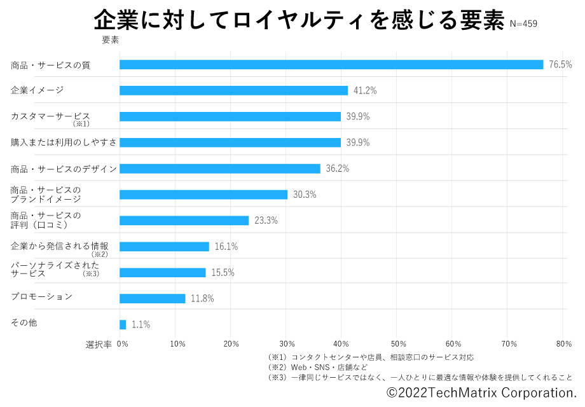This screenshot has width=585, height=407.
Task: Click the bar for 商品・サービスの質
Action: pyautogui.click(x=331, y=64)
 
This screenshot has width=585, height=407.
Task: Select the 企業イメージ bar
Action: pyautogui.click(x=233, y=90)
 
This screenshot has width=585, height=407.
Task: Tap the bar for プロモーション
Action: pyautogui.click(x=152, y=298)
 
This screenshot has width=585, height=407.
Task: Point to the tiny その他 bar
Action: pyautogui.click(x=123, y=324)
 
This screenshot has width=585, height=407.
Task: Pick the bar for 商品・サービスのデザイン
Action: pyautogui.click(x=219, y=169)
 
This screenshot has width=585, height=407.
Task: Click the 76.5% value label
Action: pyautogui.click(x=560, y=64)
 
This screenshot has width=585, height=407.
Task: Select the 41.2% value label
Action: pyautogui.click(x=365, y=90)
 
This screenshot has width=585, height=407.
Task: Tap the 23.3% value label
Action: pyautogui.click(x=266, y=221)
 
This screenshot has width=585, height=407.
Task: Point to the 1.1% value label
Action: pyautogui.click(x=141, y=324)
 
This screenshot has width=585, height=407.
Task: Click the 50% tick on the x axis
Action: pyautogui.click(x=397, y=344)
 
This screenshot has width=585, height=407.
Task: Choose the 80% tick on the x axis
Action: pyautogui.click(x=563, y=344)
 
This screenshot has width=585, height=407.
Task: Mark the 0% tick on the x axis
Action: pyautogui.click(x=122, y=344)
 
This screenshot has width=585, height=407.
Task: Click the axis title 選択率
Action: pyautogui.click(x=99, y=344)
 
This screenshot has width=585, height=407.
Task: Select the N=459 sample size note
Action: pyautogui.click(x=523, y=24)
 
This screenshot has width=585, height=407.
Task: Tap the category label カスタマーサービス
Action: pyautogui.click(x=50, y=116)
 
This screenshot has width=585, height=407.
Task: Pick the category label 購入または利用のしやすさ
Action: pyautogui.click(x=64, y=142)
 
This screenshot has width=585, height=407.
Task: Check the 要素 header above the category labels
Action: pyautogui.click(x=111, y=40)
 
